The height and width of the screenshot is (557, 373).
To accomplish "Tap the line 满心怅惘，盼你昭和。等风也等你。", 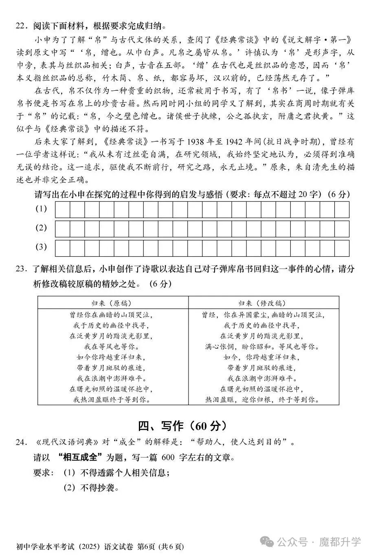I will point(262,347).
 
